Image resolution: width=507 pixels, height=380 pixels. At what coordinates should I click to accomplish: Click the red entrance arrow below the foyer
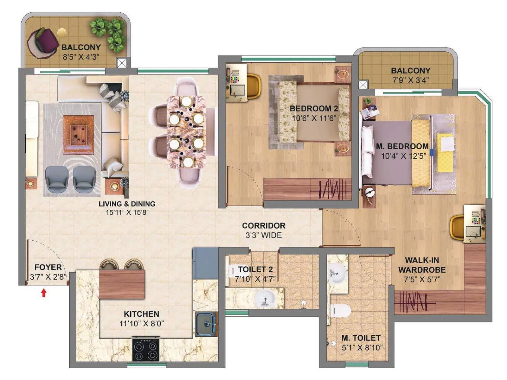(x=44, y=293)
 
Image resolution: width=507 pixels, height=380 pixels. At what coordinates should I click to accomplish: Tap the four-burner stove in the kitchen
(x=145, y=350)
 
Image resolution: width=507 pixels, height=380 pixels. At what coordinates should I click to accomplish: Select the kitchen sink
(x=206, y=324)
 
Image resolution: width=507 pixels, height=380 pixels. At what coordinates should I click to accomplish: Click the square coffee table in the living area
(x=78, y=135)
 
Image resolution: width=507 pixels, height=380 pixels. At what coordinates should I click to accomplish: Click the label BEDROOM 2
(x=314, y=109)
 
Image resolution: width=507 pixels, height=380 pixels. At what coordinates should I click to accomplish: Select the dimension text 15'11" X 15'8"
(x=127, y=212)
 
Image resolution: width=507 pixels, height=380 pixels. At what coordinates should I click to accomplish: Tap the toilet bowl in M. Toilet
(x=340, y=311)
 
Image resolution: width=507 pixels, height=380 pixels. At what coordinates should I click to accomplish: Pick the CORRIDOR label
(x=264, y=225)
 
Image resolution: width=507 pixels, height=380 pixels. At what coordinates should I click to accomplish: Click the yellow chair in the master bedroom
(x=457, y=227)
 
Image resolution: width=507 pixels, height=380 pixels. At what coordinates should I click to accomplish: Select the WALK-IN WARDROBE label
(x=422, y=265)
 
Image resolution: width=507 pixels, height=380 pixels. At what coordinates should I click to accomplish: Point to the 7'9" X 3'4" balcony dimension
(x=410, y=80)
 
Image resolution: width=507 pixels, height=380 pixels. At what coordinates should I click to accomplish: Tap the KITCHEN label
(x=141, y=314)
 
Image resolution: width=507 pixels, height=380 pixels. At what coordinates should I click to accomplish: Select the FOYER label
(x=48, y=267)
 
